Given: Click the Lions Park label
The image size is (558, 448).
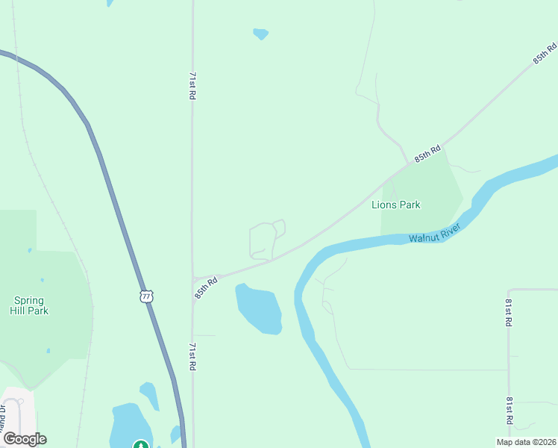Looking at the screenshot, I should (396, 205).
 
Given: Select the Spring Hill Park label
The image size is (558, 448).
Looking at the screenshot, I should (30, 305).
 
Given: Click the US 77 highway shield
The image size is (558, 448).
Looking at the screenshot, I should (146, 296).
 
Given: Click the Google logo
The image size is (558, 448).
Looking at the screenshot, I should (25, 439).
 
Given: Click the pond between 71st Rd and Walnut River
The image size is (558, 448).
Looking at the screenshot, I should (258, 308).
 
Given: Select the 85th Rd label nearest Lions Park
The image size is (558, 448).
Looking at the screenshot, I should (428, 154).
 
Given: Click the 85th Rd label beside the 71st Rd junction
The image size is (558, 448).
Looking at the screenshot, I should (207, 287).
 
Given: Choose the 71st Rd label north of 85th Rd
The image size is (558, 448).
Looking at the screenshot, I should (192, 87).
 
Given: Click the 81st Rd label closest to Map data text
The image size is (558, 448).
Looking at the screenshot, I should (509, 411).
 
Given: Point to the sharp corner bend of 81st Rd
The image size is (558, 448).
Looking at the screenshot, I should (509, 290).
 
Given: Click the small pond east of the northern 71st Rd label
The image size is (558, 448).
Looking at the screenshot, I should (260, 34).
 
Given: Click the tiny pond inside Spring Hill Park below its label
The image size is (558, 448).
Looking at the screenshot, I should (48, 350).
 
